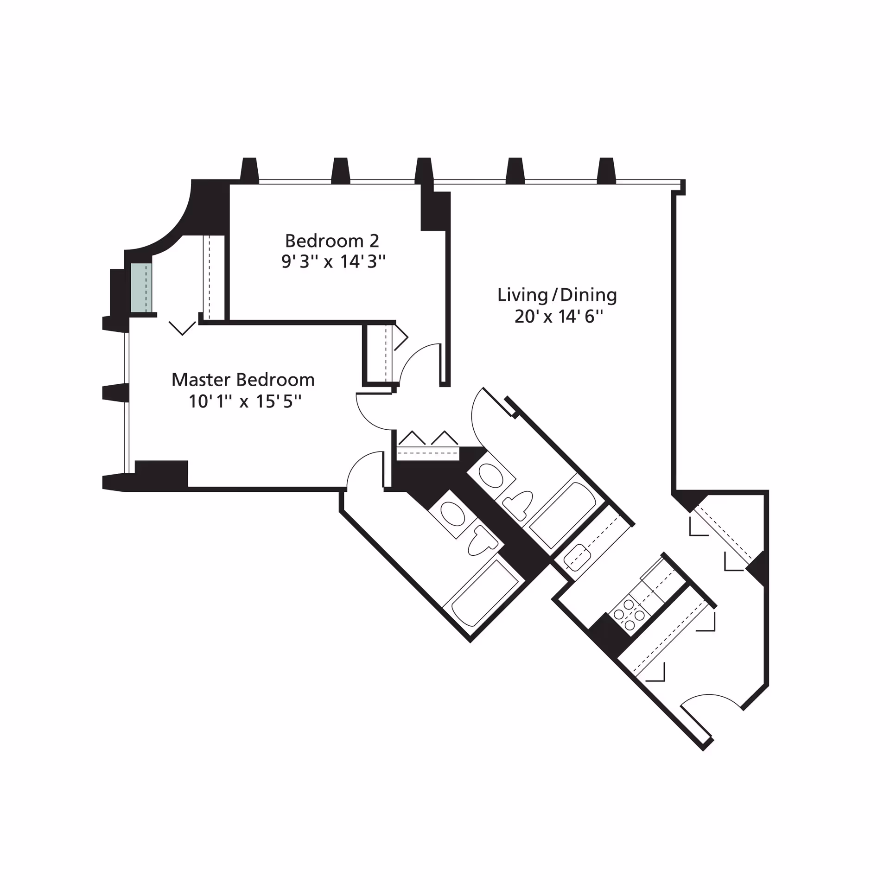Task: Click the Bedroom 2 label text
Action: pyautogui.click(x=332, y=241)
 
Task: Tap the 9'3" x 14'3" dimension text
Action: pyautogui.click(x=333, y=262)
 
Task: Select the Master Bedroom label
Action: pyautogui.click(x=243, y=380)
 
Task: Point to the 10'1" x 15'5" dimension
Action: pyautogui.click(x=245, y=401)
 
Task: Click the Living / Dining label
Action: pyautogui.click(x=557, y=295)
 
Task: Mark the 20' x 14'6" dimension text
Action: pyautogui.click(x=559, y=317)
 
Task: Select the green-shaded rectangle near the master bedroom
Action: pyautogui.click(x=141, y=288)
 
